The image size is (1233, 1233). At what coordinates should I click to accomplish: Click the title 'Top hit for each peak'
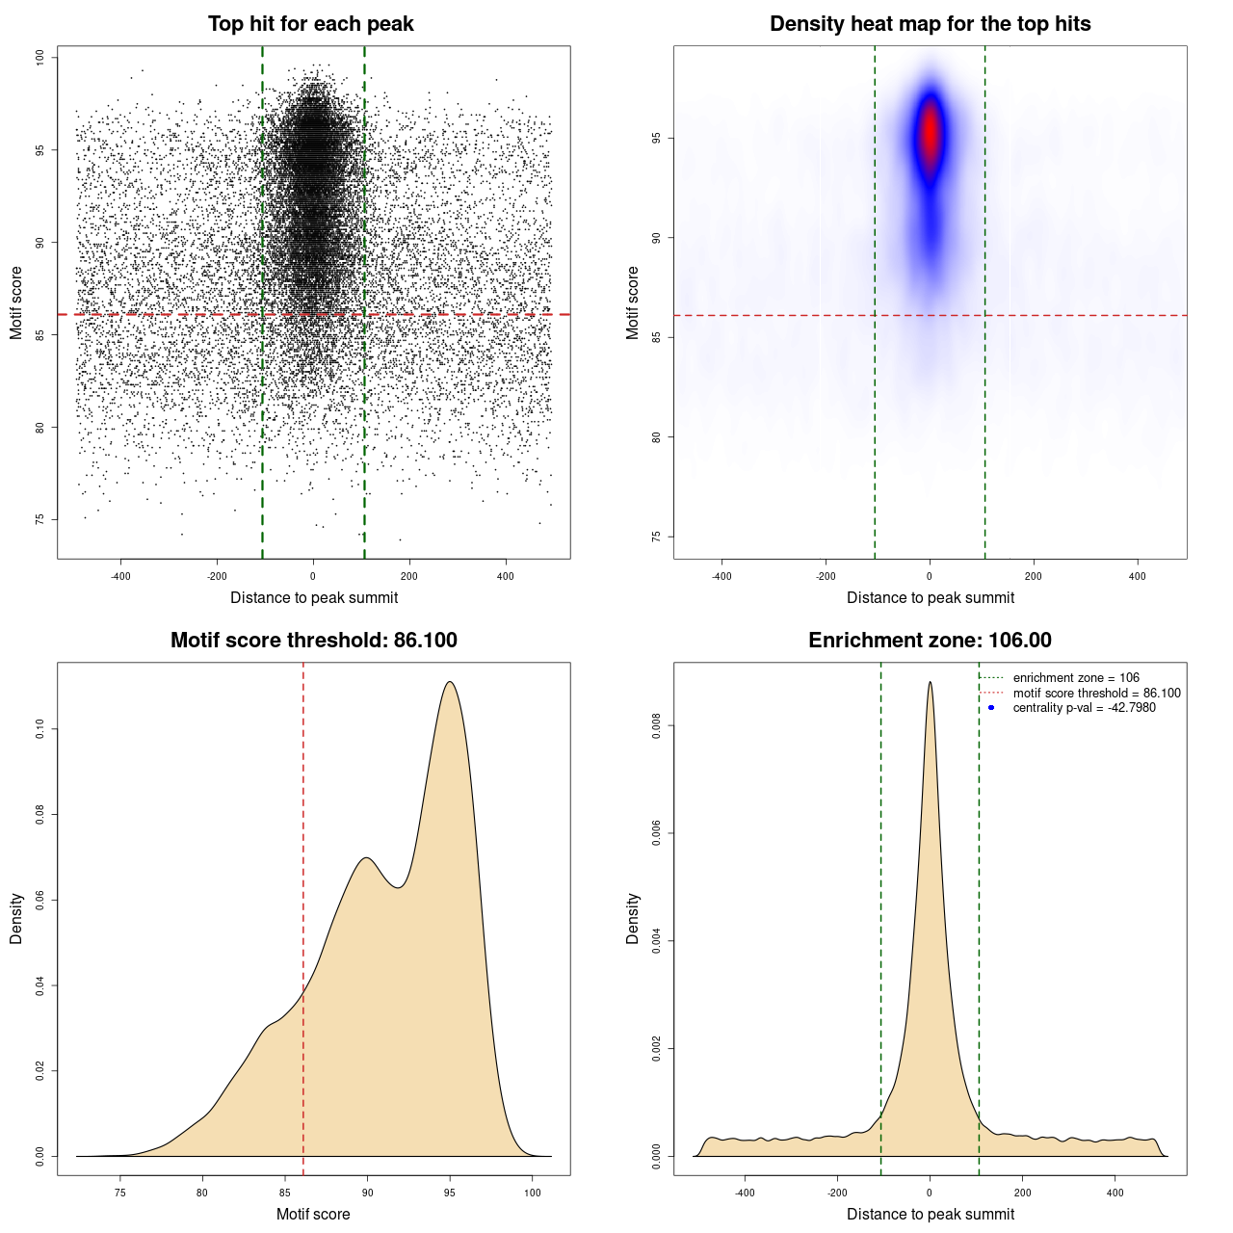click(x=310, y=24)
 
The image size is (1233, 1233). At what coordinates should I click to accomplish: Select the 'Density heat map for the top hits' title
click(x=930, y=24)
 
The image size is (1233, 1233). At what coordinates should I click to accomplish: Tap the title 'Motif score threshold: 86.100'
click(x=313, y=641)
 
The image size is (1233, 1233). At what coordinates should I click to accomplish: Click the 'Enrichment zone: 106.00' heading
click(x=930, y=641)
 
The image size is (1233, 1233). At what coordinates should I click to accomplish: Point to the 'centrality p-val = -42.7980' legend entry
click(x=1084, y=708)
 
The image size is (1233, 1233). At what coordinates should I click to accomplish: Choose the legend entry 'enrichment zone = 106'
click(x=1075, y=678)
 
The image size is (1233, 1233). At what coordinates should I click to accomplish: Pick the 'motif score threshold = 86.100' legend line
click(x=1096, y=694)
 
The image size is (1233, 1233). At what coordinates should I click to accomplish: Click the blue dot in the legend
click(x=991, y=708)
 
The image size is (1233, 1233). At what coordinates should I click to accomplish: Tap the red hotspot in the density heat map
click(x=930, y=135)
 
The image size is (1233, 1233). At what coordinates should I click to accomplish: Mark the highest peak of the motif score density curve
click(x=450, y=682)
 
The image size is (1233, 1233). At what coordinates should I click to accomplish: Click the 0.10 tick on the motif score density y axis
click(x=39, y=729)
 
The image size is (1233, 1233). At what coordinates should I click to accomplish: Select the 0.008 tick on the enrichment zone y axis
click(x=656, y=725)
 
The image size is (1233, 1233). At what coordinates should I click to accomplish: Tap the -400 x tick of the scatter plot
click(x=120, y=576)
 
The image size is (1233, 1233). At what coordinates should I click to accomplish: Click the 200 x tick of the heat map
click(x=1034, y=576)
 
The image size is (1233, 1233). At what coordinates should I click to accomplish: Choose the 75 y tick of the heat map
click(x=656, y=537)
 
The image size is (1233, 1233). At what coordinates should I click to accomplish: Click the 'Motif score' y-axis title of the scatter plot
click(x=16, y=302)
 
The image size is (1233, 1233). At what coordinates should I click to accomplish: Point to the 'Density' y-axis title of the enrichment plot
click(x=633, y=918)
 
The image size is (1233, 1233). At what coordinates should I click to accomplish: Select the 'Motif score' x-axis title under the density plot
click(x=313, y=1214)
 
